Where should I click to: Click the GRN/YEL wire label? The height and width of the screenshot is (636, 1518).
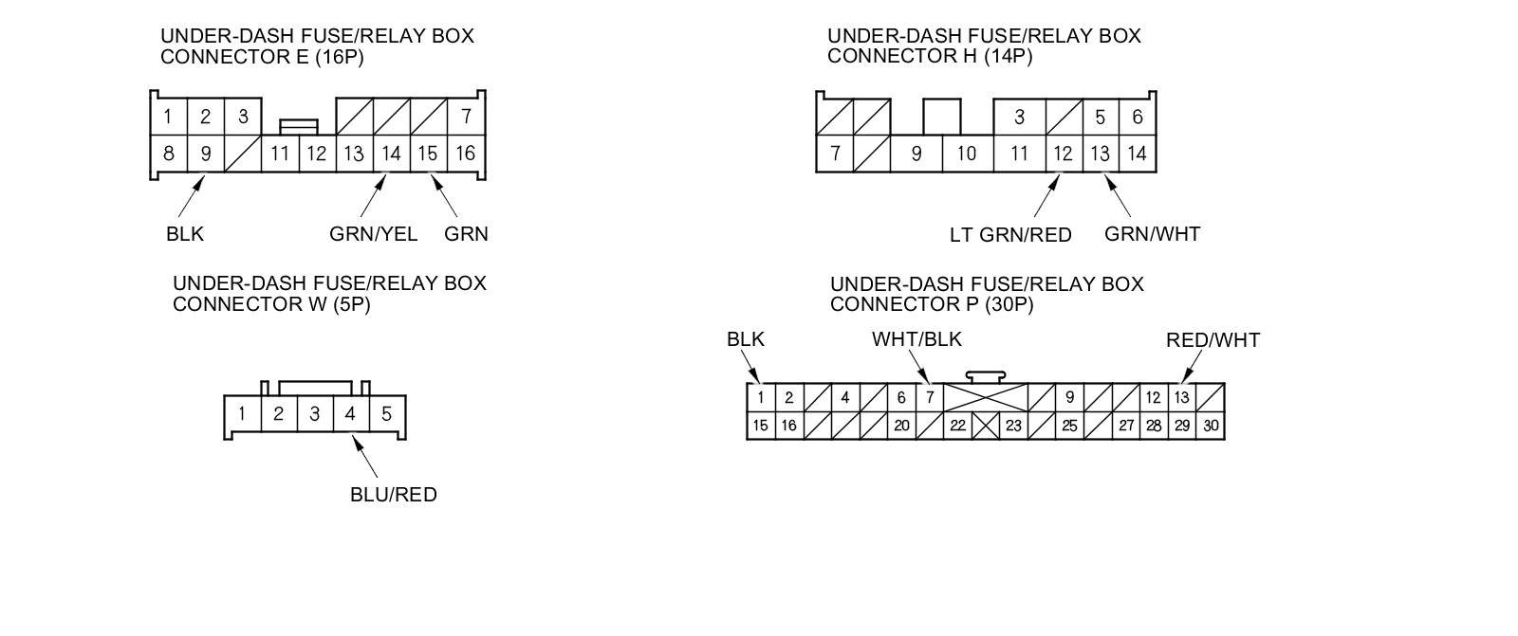click(x=373, y=234)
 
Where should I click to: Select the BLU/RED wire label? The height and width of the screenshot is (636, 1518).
click(x=393, y=495)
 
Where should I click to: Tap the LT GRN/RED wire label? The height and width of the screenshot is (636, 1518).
click(x=1010, y=235)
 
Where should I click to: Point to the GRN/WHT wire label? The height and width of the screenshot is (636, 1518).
click(x=1152, y=234)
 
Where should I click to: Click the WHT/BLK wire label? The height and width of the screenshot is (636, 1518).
click(x=916, y=339)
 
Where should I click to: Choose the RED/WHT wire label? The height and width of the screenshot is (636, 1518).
click(x=1213, y=340)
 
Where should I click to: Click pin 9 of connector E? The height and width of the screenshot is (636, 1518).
click(x=205, y=154)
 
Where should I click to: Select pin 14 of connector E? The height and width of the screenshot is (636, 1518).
click(x=391, y=154)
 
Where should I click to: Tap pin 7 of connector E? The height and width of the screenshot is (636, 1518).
click(x=466, y=117)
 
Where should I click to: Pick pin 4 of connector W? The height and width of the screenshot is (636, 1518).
click(x=350, y=414)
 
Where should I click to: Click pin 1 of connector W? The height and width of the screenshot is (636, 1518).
click(x=242, y=414)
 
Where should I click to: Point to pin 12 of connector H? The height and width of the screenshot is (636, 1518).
click(x=1063, y=154)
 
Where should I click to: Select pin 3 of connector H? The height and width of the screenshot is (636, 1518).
click(x=1019, y=118)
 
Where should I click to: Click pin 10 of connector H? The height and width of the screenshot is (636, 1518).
click(x=967, y=154)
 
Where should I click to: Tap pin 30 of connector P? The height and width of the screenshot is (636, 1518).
click(x=1211, y=427)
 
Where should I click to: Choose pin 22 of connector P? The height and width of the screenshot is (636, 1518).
click(x=957, y=427)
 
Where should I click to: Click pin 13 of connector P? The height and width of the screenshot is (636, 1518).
click(x=1181, y=398)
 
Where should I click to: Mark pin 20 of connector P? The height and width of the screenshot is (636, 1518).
click(x=901, y=427)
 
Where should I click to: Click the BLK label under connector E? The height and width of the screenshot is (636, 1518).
click(x=184, y=234)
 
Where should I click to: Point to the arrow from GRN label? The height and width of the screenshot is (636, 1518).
click(x=444, y=196)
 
